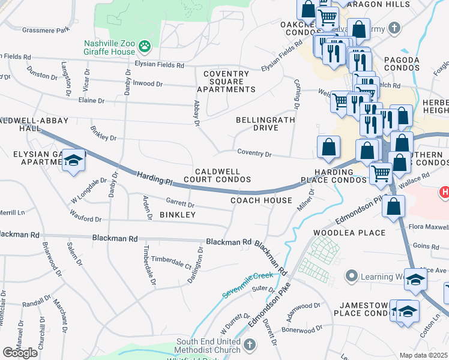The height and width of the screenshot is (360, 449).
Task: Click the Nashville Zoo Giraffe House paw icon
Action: click(144, 46)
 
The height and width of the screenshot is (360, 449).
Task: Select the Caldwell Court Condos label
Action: click(217, 175)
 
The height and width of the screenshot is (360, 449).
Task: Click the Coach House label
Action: click(261, 200)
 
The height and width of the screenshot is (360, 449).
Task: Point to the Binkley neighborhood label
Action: click(177, 215)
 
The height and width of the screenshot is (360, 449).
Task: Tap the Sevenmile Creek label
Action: click(246, 280)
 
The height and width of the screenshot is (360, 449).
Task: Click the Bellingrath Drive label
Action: click(257, 124)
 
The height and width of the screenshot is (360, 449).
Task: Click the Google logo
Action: click(20, 352)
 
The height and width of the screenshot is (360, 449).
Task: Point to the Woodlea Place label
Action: click(345, 232)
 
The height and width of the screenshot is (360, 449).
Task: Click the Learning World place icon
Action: click(351, 276)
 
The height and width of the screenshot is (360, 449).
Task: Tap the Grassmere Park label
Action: click(46, 30)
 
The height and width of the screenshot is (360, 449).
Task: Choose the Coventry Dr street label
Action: click(254, 154)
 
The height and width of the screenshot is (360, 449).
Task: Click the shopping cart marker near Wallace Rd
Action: click(381, 174)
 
